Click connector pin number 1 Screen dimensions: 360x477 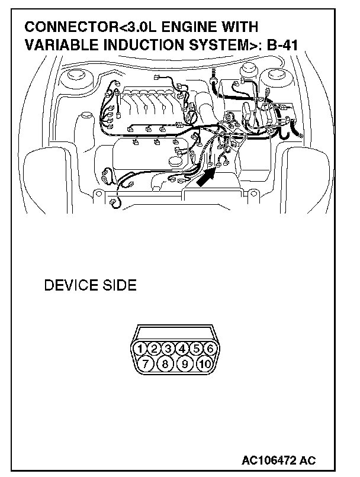(x=140, y=348)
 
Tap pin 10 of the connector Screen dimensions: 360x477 (x=204, y=363)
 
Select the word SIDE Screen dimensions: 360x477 (x=118, y=286)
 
